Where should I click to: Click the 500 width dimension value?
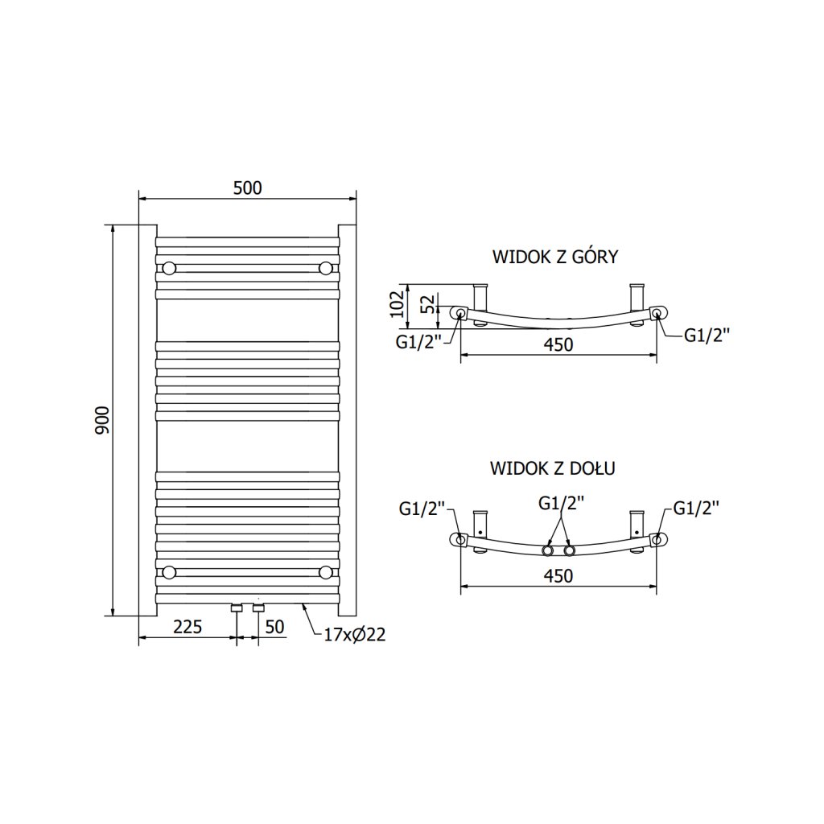coord(247,187)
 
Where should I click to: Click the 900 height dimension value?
coord(103,419)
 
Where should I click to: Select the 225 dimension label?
coord(187,627)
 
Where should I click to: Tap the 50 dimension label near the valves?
coord(274,627)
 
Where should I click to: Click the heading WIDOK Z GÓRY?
coord(554,257)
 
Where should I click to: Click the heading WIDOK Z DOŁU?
coord(552,468)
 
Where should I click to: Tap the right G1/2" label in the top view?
coord(707,336)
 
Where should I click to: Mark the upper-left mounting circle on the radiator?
coord(169,268)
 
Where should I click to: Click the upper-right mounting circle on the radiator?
coord(325,268)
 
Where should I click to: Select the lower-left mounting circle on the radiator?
coord(169,572)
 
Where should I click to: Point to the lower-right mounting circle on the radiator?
coord(325,572)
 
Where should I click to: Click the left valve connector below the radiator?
coord(237,608)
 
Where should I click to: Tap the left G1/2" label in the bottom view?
coord(422,509)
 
